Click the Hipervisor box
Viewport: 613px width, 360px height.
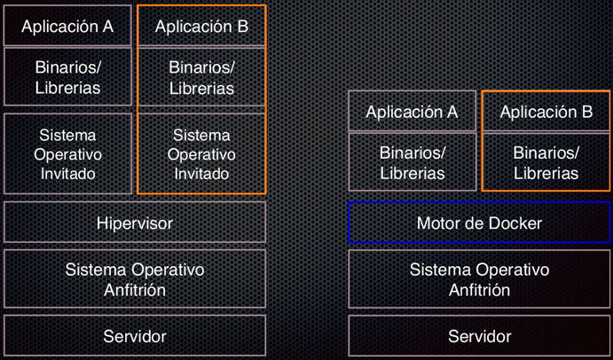click(x=135, y=223)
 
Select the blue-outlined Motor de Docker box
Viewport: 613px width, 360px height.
click(x=479, y=223)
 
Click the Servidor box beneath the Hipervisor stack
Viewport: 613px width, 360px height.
click(x=135, y=336)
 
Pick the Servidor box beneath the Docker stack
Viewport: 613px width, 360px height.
click(x=479, y=336)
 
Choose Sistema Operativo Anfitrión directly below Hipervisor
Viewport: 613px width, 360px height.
click(x=135, y=278)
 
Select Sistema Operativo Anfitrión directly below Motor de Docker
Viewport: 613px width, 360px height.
click(x=479, y=278)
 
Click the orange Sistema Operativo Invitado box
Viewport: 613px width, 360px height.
click(x=201, y=154)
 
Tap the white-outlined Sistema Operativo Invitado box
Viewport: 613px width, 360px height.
click(x=67, y=154)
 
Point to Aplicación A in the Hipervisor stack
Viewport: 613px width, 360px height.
click(x=67, y=27)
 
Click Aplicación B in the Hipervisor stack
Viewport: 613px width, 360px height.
click(x=201, y=27)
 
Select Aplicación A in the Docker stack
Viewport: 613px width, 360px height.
click(x=412, y=112)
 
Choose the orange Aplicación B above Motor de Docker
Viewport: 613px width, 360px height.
click(x=546, y=112)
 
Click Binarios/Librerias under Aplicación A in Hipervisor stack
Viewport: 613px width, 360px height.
click(x=67, y=77)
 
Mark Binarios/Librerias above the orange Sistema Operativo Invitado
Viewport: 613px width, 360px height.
click(x=201, y=77)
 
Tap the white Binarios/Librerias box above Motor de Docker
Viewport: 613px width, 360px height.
click(x=412, y=162)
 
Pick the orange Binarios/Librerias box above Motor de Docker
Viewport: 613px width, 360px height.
click(x=546, y=162)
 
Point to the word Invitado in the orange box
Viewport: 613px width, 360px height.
click(x=201, y=174)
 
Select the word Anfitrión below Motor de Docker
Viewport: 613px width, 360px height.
click(x=479, y=289)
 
